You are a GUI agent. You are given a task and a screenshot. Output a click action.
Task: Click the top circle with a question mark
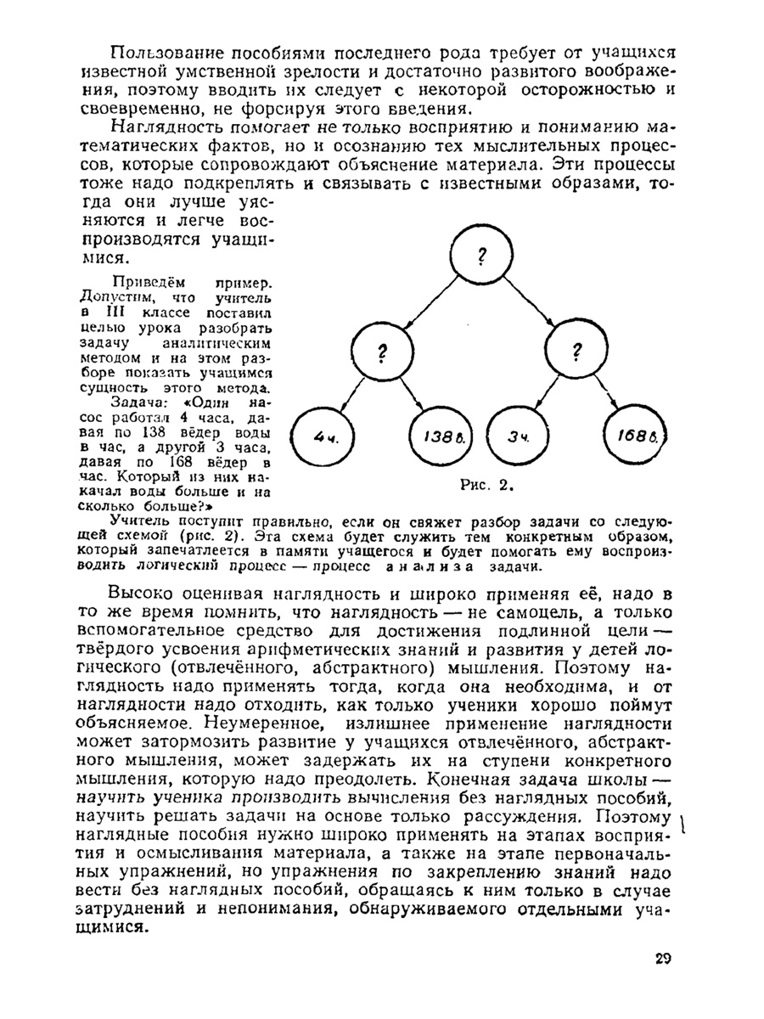tap(481, 254)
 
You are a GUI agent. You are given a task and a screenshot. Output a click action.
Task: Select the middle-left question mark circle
tap(381, 352)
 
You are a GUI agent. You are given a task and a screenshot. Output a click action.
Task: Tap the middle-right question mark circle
tap(577, 352)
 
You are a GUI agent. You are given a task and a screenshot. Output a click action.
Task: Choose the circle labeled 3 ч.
tap(517, 438)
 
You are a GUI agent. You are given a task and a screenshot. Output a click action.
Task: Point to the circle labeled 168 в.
tap(637, 438)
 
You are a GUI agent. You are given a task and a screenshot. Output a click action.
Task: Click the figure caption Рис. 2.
tap(483, 486)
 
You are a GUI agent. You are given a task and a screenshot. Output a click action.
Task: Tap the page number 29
tap(663, 959)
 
